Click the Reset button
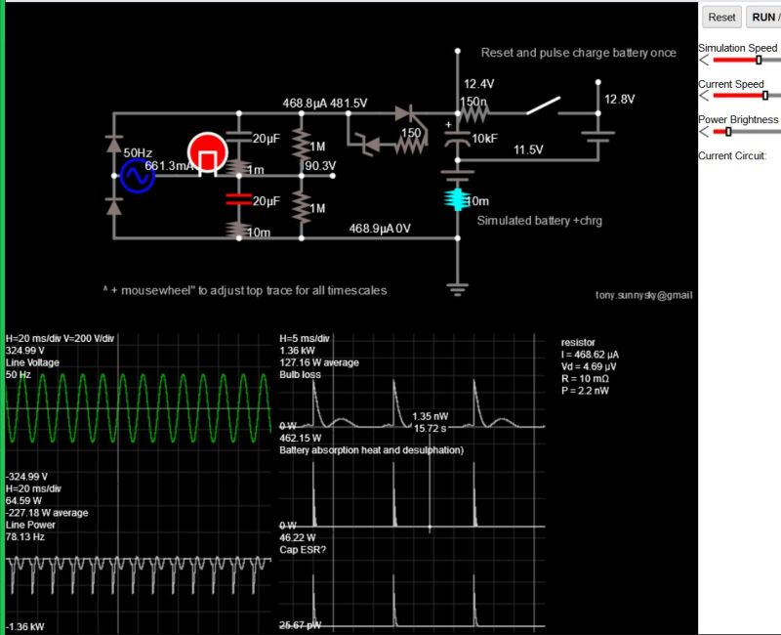(721, 17)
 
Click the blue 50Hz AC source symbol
(138, 176)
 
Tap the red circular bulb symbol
(207, 153)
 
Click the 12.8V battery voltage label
(619, 100)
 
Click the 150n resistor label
(474, 101)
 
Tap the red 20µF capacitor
(234, 200)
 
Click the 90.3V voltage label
(320, 165)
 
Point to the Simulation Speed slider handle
(759, 60)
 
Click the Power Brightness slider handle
(728, 132)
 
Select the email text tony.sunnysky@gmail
(643, 294)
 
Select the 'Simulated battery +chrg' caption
(539, 221)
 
